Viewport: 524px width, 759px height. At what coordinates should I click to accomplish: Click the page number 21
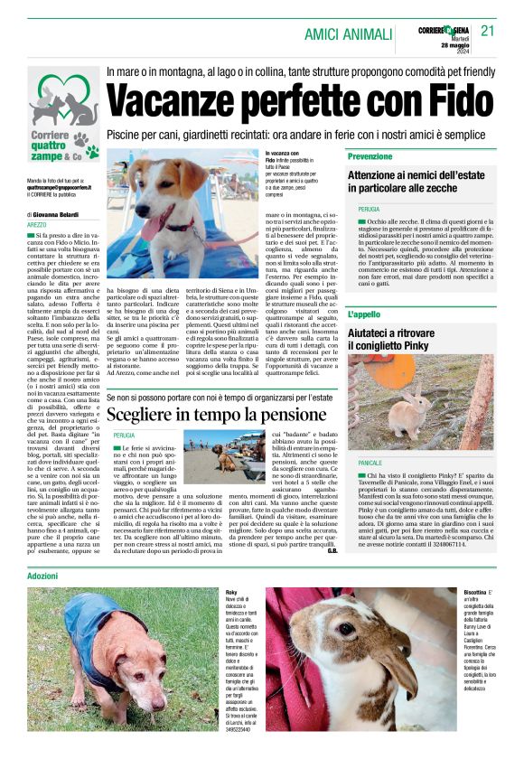click(488, 30)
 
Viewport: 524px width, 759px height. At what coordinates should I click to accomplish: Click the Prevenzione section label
click(370, 156)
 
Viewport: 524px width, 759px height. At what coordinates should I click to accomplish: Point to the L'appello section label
click(365, 314)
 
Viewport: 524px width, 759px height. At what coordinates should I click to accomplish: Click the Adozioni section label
click(42, 576)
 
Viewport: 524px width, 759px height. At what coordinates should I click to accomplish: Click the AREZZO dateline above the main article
click(37, 224)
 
